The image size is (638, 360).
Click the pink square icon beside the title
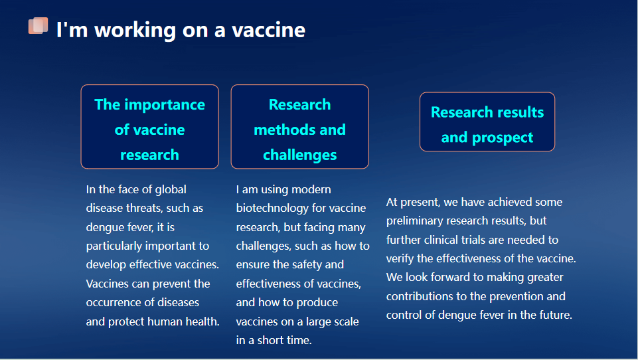pyautogui.click(x=38, y=26)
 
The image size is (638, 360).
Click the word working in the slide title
pyautogui.click(x=135, y=31)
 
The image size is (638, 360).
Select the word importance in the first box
pyautogui.click(x=165, y=105)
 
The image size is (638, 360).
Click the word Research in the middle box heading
pyautogui.click(x=300, y=105)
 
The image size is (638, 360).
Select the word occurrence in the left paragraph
pyautogui.click(x=108, y=303)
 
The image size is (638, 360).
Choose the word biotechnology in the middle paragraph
pyautogui.click(x=272, y=209)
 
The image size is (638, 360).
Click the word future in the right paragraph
pyautogui.click(x=556, y=315)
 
